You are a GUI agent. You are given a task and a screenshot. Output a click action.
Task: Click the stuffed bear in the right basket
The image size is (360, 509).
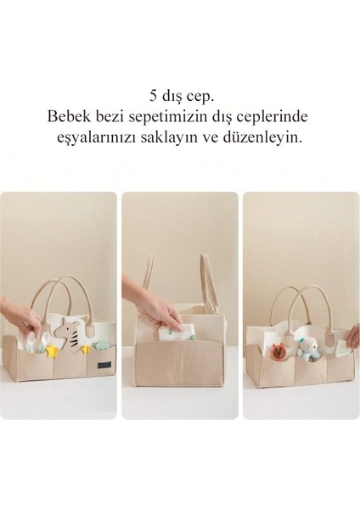coord(307,346)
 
